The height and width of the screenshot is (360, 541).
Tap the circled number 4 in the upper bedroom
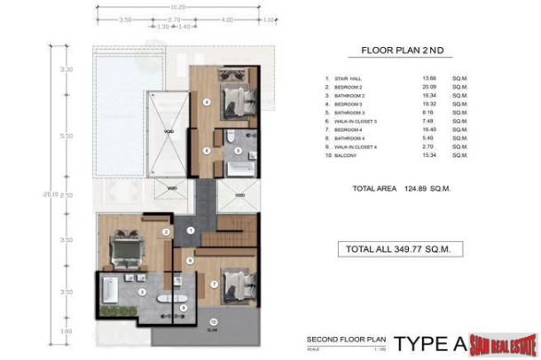[207, 102]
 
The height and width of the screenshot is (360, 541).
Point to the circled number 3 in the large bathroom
[142, 291]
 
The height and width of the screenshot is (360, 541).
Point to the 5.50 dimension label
[65, 137]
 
